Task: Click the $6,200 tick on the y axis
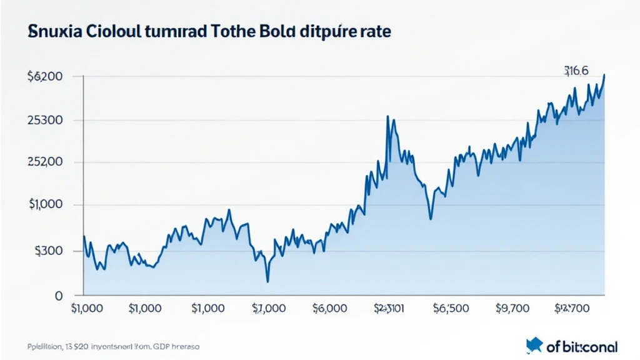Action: [x=44, y=77]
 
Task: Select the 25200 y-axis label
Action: [x=45, y=162]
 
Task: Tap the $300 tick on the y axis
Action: [x=47, y=251]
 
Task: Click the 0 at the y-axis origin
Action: [x=58, y=295]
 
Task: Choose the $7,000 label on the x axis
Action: [x=269, y=308]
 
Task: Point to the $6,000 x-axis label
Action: [x=329, y=308]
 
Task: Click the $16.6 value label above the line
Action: [x=576, y=71]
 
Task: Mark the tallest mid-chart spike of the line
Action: [x=388, y=117]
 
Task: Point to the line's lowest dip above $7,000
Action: [x=267, y=281]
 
